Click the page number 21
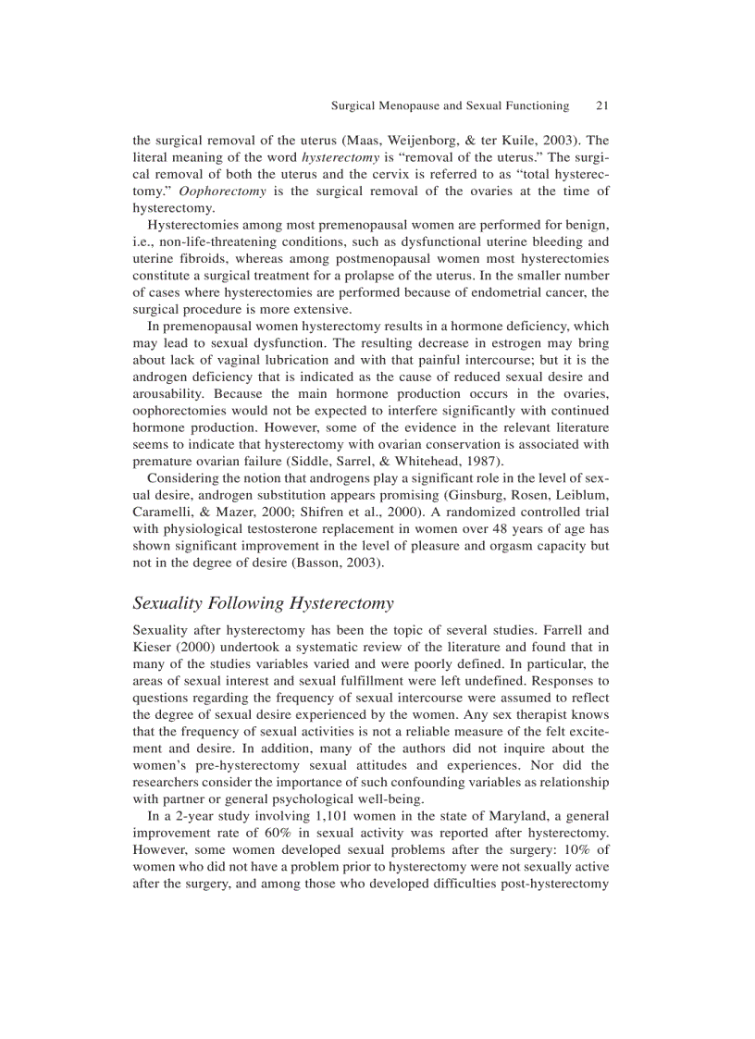pos(601,105)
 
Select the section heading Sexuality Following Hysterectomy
pos(264,603)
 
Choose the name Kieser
pos(154,648)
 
